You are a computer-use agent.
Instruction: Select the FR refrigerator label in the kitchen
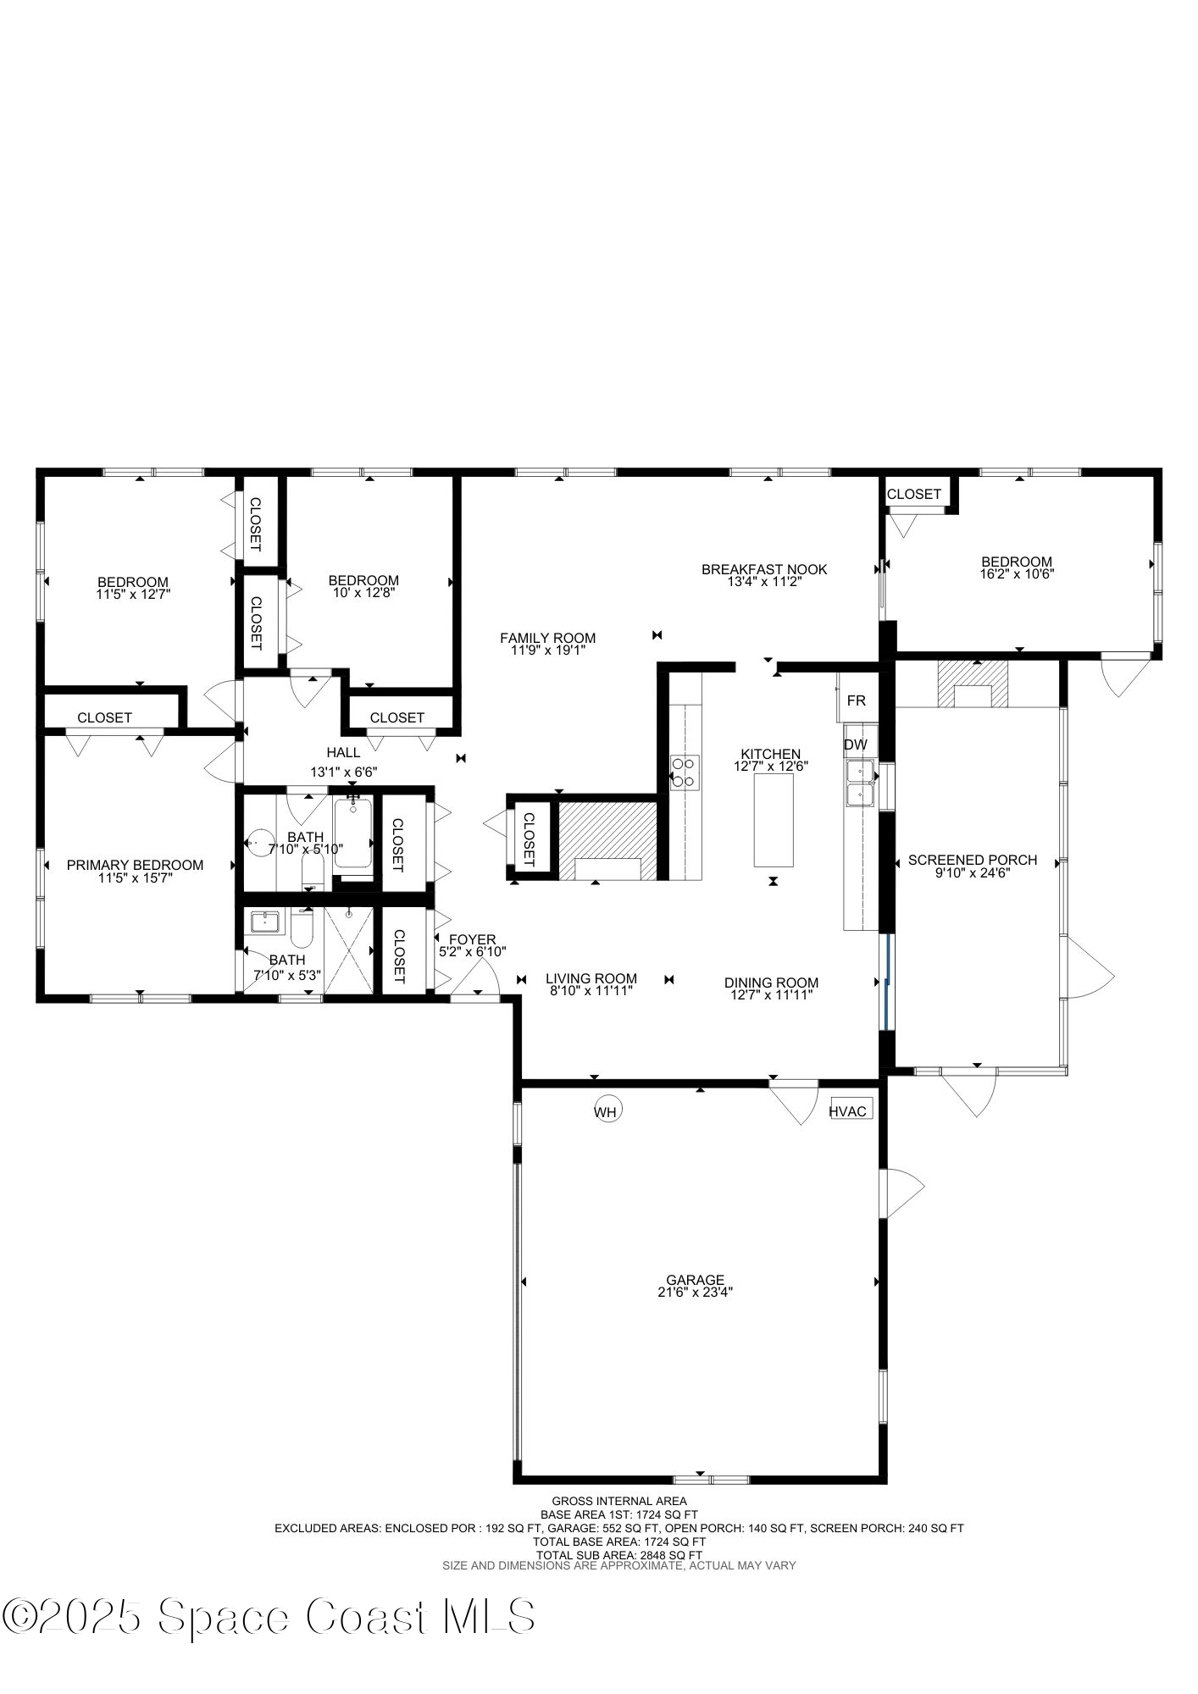(x=857, y=701)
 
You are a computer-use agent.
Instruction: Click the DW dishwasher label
(x=855, y=745)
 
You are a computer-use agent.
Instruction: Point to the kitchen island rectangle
(x=774, y=819)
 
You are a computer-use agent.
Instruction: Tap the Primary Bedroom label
(x=135, y=865)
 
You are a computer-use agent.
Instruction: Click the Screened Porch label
(x=972, y=860)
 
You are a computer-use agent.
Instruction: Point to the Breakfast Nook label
(x=763, y=569)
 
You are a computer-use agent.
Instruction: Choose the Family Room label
(x=547, y=638)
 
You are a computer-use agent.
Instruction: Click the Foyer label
(x=472, y=939)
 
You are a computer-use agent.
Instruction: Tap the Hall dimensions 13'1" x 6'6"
(x=343, y=772)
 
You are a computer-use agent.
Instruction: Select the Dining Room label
(x=771, y=983)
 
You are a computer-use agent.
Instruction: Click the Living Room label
(x=591, y=978)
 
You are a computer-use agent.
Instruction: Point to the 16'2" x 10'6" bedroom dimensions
(x=1016, y=573)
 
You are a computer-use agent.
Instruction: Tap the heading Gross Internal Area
(x=618, y=1501)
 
